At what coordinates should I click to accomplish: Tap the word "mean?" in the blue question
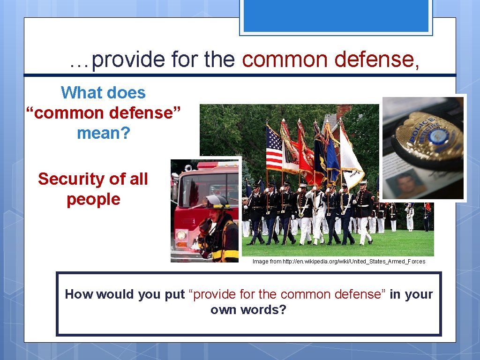(103, 133)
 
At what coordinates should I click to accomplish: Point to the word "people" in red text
(93, 199)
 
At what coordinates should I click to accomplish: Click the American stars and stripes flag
(274, 147)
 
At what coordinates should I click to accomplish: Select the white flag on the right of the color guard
(351, 155)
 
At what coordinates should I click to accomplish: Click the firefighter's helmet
(217, 202)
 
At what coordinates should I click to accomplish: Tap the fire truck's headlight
(181, 235)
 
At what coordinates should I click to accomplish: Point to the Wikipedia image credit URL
(338, 262)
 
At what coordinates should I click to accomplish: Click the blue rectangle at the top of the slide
(336, 16)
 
